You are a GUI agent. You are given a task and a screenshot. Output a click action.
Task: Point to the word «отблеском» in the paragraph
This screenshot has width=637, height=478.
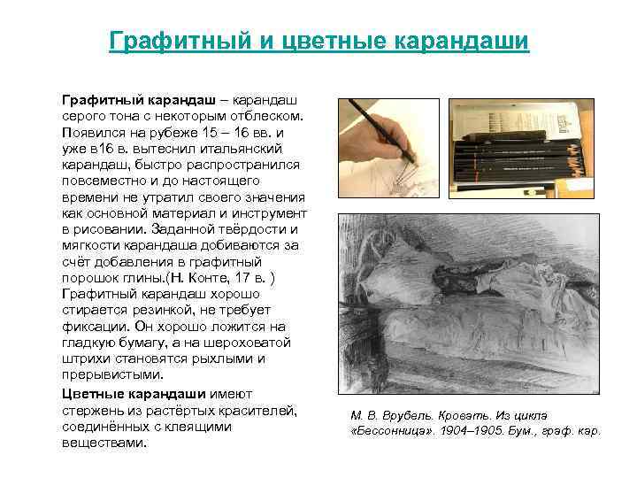point(266,116)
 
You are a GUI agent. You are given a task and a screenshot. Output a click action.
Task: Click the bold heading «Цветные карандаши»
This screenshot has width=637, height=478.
point(145,393)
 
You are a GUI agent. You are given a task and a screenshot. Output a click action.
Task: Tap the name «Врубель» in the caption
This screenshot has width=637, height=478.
point(396,416)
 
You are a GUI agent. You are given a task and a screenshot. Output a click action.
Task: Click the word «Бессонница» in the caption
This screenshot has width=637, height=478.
point(390,430)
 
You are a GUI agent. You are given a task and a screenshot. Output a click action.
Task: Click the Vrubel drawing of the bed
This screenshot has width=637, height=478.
point(470,293)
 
